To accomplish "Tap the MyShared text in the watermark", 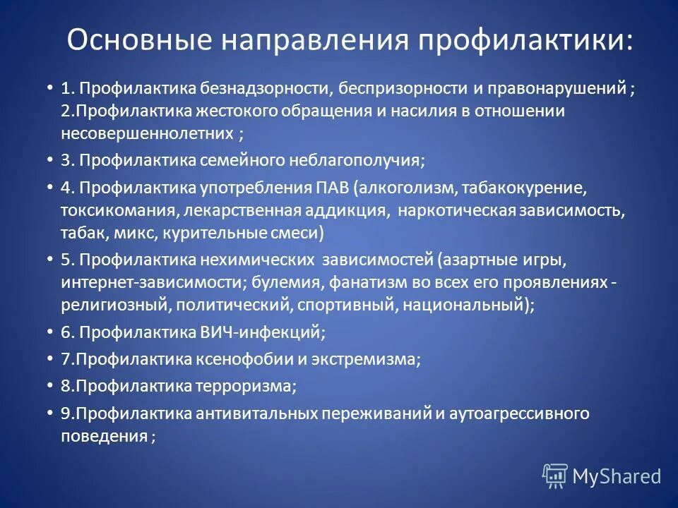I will [x=617, y=476].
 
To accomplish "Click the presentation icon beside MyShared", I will [x=555, y=476].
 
